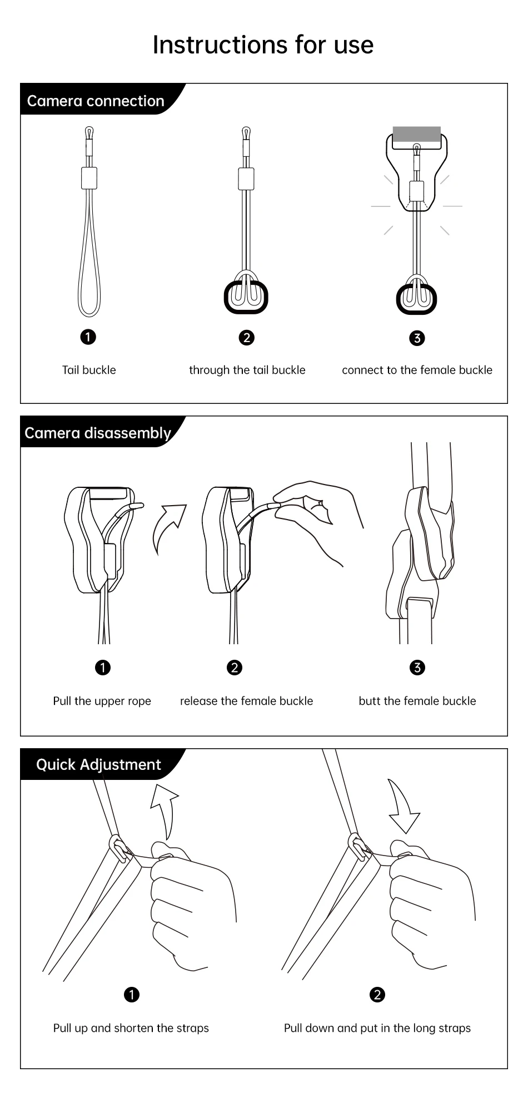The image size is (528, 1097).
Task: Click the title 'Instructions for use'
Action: (x=263, y=45)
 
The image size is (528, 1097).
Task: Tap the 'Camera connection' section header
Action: (x=96, y=101)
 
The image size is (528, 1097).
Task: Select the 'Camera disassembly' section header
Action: (x=98, y=433)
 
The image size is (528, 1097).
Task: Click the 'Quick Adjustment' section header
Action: (x=98, y=764)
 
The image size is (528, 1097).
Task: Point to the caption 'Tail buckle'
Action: (x=89, y=370)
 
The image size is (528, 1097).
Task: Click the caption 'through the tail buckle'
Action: (x=247, y=370)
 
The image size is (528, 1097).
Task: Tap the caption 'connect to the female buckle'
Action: (x=417, y=370)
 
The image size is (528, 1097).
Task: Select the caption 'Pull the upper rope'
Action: (x=102, y=701)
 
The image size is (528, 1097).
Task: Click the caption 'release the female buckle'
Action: (x=246, y=701)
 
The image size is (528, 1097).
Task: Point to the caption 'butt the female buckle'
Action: (x=417, y=701)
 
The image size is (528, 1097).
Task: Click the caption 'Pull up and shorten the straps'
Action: (x=131, y=1028)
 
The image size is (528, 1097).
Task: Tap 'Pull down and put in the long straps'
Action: (x=377, y=1028)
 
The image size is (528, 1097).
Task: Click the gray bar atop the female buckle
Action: (x=417, y=134)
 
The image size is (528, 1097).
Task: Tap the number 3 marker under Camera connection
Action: (x=417, y=338)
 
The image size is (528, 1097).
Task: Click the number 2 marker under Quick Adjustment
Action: (x=377, y=995)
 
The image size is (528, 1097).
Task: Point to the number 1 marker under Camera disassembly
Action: (x=103, y=668)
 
